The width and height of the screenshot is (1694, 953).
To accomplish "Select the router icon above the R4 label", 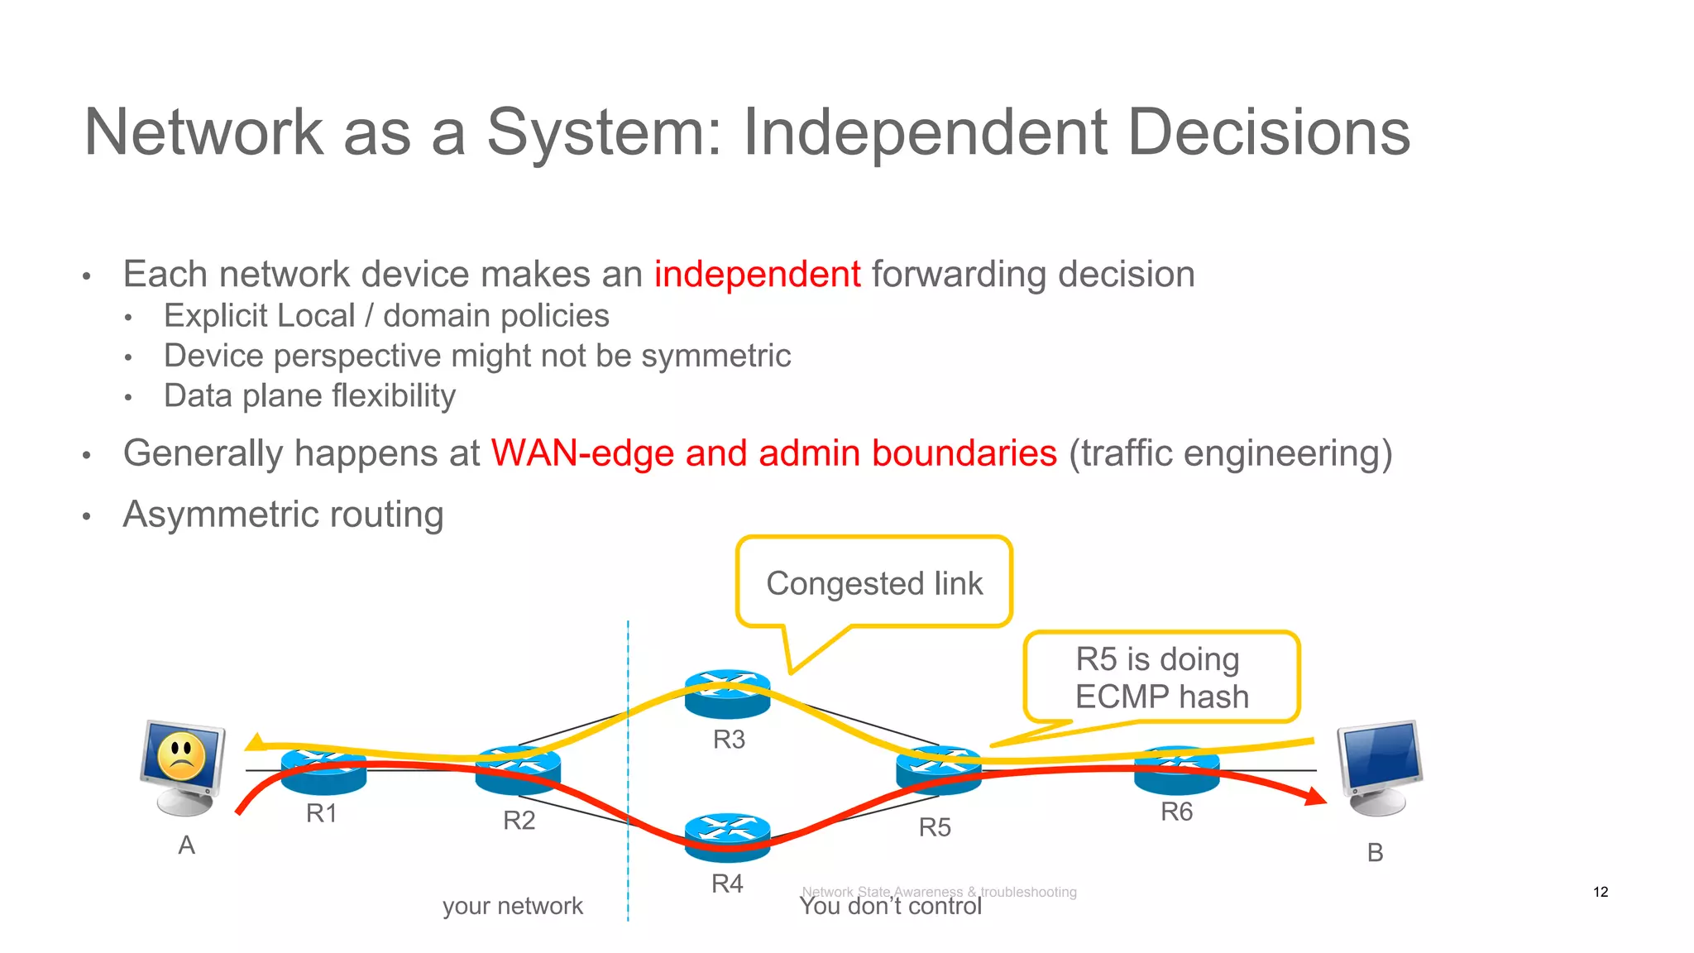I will click(x=727, y=836).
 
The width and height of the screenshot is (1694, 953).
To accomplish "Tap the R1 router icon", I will click(x=323, y=769).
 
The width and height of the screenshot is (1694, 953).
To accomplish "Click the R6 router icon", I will click(x=1176, y=769).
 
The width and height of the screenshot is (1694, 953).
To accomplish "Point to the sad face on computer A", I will click(x=181, y=755).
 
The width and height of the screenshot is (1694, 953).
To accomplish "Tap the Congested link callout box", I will click(x=873, y=582).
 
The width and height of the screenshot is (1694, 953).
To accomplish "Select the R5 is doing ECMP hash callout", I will click(x=1160, y=678).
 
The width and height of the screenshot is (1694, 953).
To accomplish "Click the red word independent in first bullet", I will click(x=757, y=275).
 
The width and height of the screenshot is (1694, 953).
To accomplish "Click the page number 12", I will click(x=1600, y=892).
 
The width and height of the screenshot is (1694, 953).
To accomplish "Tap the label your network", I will click(x=512, y=906).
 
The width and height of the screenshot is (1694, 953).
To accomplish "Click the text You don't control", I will click(x=890, y=908).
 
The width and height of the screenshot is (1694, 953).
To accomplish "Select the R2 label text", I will click(x=519, y=821).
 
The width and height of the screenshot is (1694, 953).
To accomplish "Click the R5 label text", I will click(x=935, y=827).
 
